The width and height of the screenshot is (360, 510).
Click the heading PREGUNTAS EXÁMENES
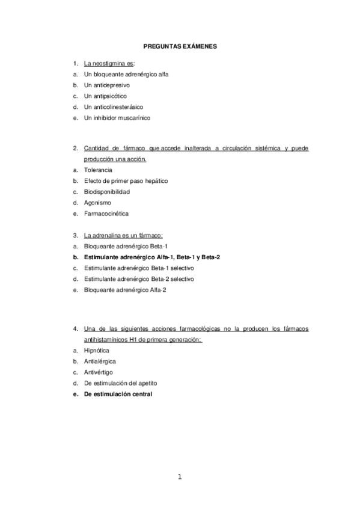pyautogui.click(x=180, y=45)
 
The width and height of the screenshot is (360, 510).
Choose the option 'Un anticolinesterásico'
pyautogui.click(x=114, y=107)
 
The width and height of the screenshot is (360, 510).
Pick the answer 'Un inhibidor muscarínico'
pyautogui.click(x=117, y=118)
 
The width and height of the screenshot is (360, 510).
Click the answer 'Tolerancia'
pyautogui.click(x=99, y=170)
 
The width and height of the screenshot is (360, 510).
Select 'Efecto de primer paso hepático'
pyautogui.click(x=126, y=181)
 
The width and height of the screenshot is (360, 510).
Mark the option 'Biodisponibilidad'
pyautogui.click(x=107, y=192)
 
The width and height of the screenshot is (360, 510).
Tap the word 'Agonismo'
pyautogui.click(x=97, y=203)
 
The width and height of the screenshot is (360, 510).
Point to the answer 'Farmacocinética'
pyautogui.click(x=106, y=214)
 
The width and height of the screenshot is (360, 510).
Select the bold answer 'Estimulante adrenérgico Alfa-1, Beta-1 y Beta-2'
pyautogui.click(x=152, y=257)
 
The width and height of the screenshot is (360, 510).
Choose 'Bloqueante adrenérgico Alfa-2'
pyautogui.click(x=125, y=290)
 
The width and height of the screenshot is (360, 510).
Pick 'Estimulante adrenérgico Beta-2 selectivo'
pyautogui.click(x=139, y=279)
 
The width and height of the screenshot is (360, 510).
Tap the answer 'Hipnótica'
pyautogui.click(x=97, y=351)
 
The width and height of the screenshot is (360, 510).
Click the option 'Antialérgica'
pyautogui.click(x=100, y=361)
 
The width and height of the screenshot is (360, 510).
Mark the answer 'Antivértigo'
pyautogui.click(x=99, y=372)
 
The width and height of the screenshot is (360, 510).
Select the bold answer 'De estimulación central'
pyautogui.click(x=118, y=394)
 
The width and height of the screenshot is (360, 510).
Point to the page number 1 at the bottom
pyautogui.click(x=179, y=477)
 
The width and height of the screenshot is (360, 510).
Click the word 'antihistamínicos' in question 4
pyautogui.click(x=106, y=339)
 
